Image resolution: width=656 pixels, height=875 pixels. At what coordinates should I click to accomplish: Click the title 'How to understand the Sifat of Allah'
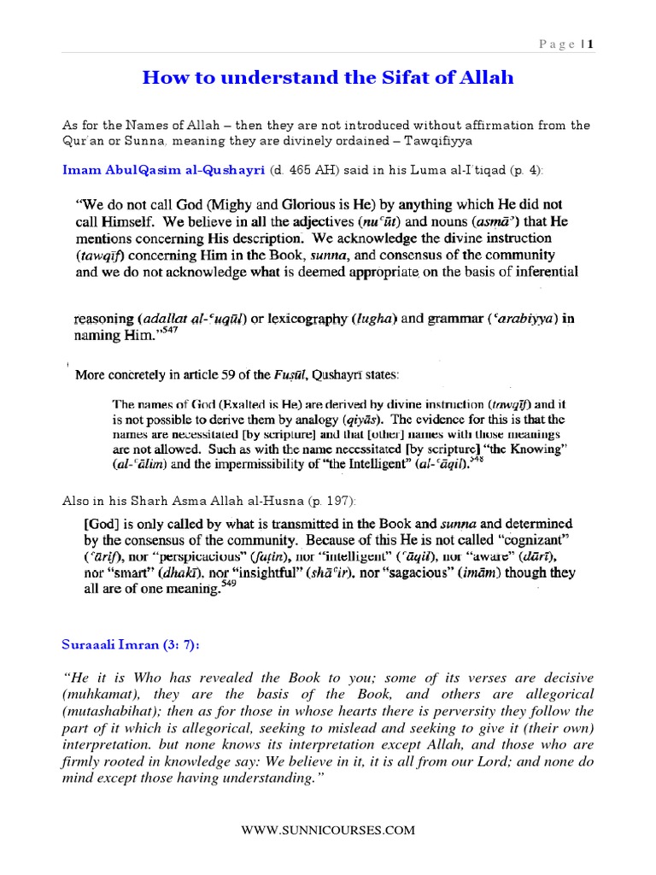(x=328, y=79)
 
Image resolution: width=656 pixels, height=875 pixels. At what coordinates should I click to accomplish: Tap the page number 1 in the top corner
(x=589, y=44)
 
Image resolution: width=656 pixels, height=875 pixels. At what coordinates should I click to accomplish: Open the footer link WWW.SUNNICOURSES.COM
(x=328, y=830)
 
